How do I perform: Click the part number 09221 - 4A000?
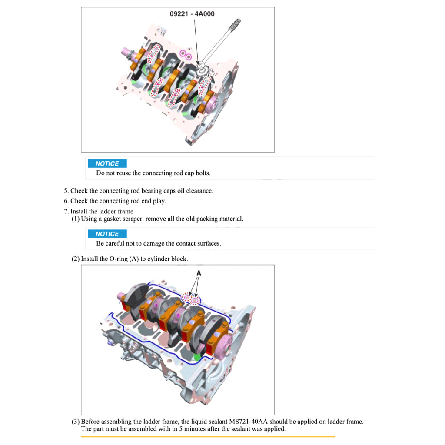(192, 14)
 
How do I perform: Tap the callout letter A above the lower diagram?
(199, 273)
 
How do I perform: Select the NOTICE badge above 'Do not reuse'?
(107, 164)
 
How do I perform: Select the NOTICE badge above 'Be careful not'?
(107, 234)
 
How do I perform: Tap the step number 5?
(66, 191)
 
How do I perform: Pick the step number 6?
(66, 201)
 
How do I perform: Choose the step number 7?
(66, 212)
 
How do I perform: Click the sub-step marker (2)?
(76, 259)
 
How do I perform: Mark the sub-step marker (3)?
(76, 422)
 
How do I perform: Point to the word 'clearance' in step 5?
(199, 191)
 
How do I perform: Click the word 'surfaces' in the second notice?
(208, 243)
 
